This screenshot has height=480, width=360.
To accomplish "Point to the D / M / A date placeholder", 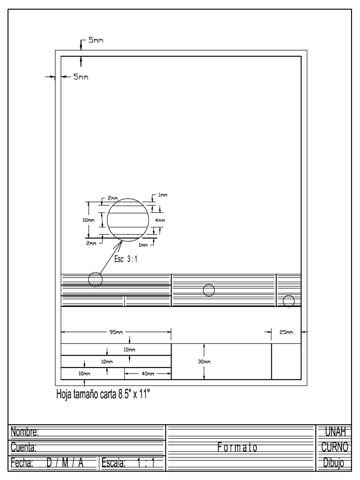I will (65, 463).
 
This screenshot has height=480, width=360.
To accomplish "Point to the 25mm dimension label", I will (286, 332).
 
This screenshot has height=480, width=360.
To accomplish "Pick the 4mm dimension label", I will (160, 220).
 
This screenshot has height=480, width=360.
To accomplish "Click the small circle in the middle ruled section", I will (209, 290).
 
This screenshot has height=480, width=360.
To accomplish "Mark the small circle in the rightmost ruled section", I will (289, 300).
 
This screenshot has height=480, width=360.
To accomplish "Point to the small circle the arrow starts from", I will (95, 279).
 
